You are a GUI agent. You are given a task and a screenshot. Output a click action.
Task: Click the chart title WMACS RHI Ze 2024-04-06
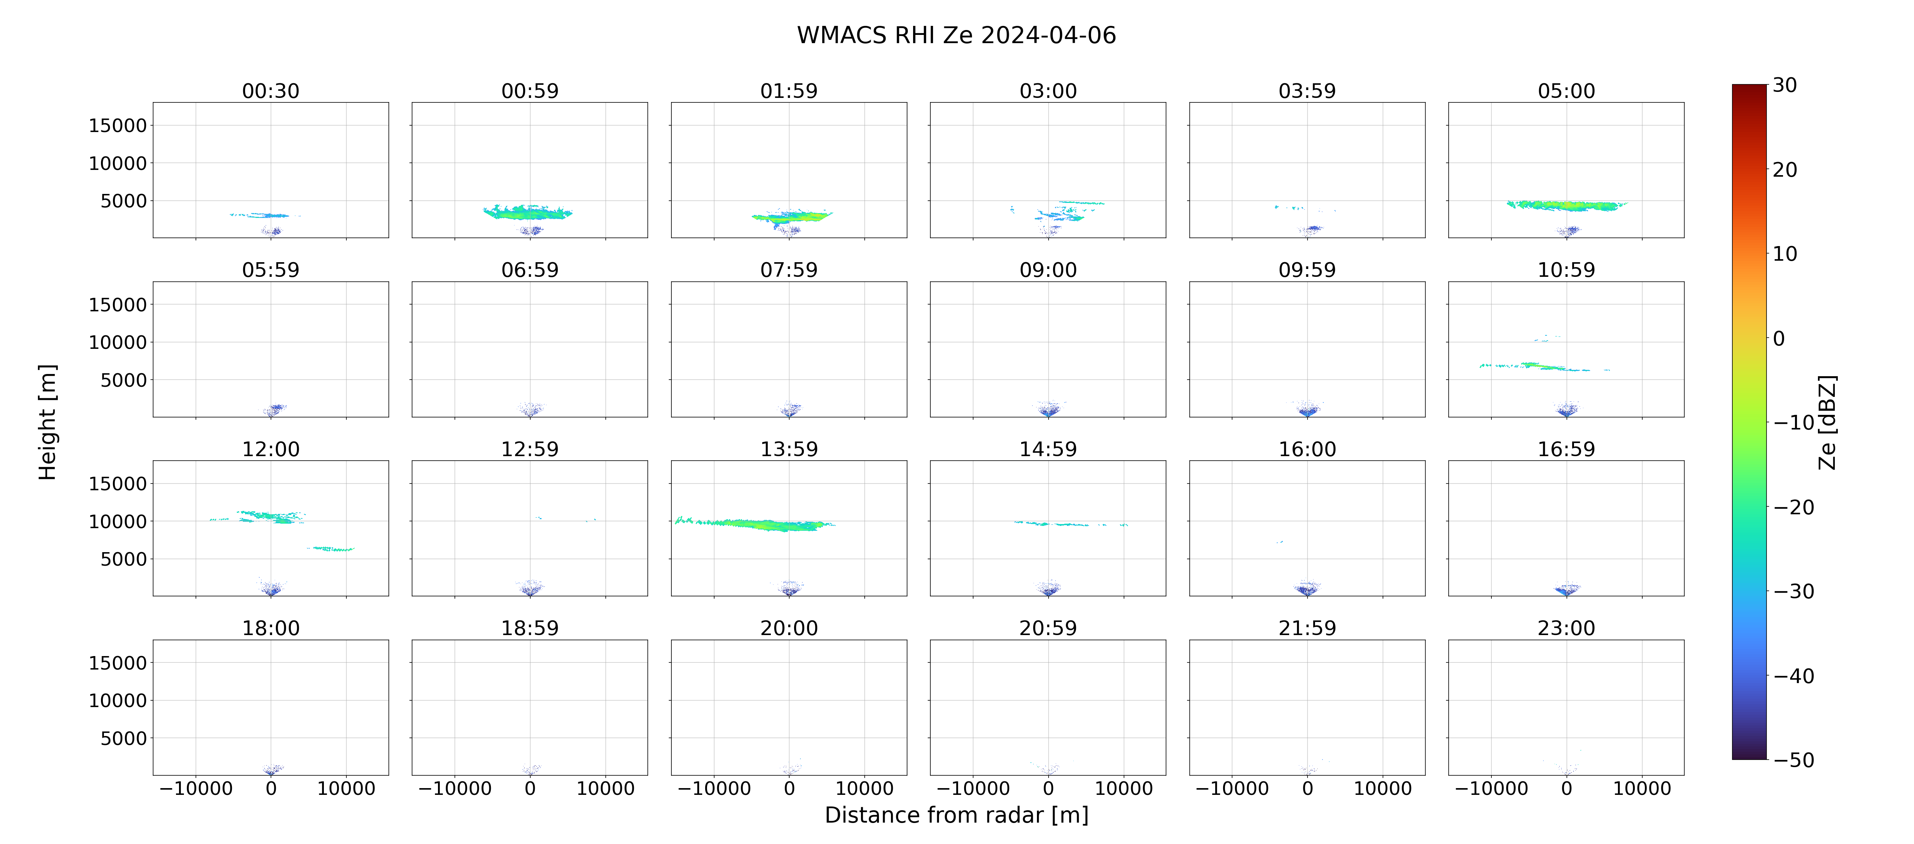coord(956,35)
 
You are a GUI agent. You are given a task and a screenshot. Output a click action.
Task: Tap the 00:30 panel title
coord(271,91)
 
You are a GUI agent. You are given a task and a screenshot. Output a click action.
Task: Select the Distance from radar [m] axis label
coord(956,815)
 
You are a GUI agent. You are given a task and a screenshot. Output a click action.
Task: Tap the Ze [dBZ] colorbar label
coord(1827,422)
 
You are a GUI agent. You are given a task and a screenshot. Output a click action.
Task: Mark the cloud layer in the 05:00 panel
coord(1566,205)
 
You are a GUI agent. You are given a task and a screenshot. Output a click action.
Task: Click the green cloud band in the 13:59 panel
coord(754,524)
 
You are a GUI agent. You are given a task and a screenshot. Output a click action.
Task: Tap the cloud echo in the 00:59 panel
coord(528,212)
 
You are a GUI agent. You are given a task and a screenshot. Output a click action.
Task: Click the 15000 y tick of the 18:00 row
coord(117,663)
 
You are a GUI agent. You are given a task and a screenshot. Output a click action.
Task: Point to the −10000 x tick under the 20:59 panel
coord(973,788)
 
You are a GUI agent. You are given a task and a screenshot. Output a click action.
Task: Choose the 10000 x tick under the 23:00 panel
coord(1642,788)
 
